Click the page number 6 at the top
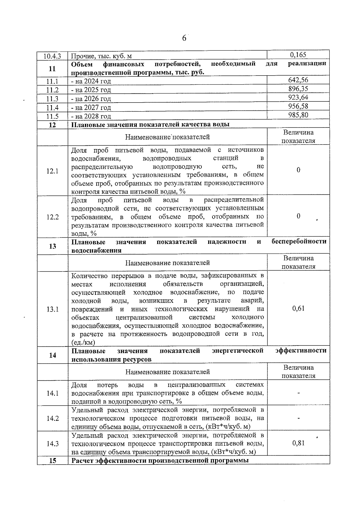click(x=184, y=38)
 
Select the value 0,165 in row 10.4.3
click(x=298, y=55)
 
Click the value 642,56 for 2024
click(x=298, y=80)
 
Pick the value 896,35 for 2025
click(x=298, y=88)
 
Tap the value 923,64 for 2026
click(x=298, y=97)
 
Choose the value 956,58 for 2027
click(x=298, y=106)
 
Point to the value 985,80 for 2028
click(x=298, y=115)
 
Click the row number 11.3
click(x=52, y=99)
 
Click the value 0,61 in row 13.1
click(x=298, y=308)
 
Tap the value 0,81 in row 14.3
click(x=298, y=443)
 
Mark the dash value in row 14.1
click(x=298, y=393)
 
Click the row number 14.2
click(x=52, y=418)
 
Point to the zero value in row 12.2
click(x=298, y=216)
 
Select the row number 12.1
click(x=52, y=171)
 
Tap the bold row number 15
click(x=52, y=461)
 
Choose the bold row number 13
click(x=52, y=246)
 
